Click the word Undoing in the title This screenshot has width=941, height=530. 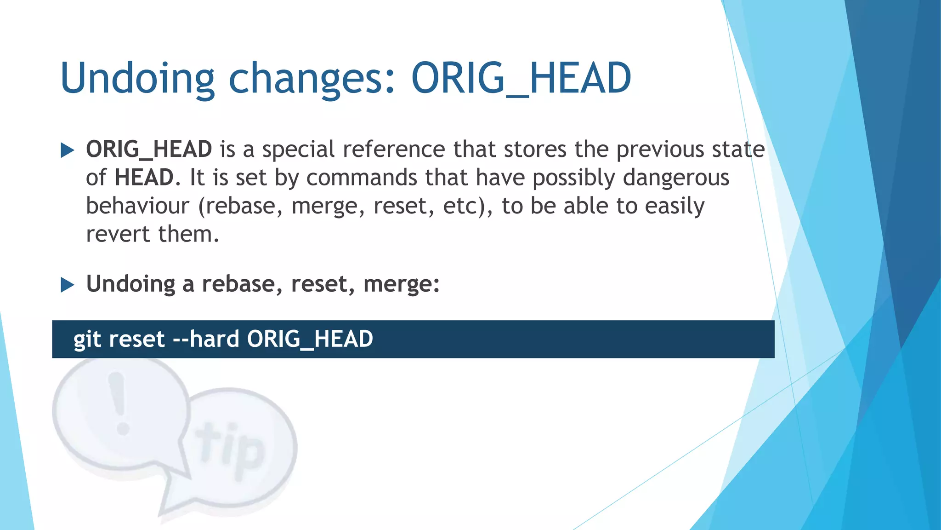tap(137, 78)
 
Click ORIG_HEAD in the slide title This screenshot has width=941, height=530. tap(521, 78)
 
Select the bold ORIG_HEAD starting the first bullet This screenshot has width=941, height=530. tap(149, 149)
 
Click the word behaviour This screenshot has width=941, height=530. tap(137, 206)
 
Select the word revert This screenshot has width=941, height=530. tap(118, 234)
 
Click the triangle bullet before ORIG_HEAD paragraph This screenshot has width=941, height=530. tap(68, 150)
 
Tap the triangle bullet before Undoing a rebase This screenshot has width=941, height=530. tap(68, 285)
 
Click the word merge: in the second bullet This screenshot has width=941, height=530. tap(401, 284)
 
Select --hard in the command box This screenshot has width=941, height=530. tap(205, 339)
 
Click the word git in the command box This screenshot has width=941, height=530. tap(87, 339)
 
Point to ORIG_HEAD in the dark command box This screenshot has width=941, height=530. tap(310, 339)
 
